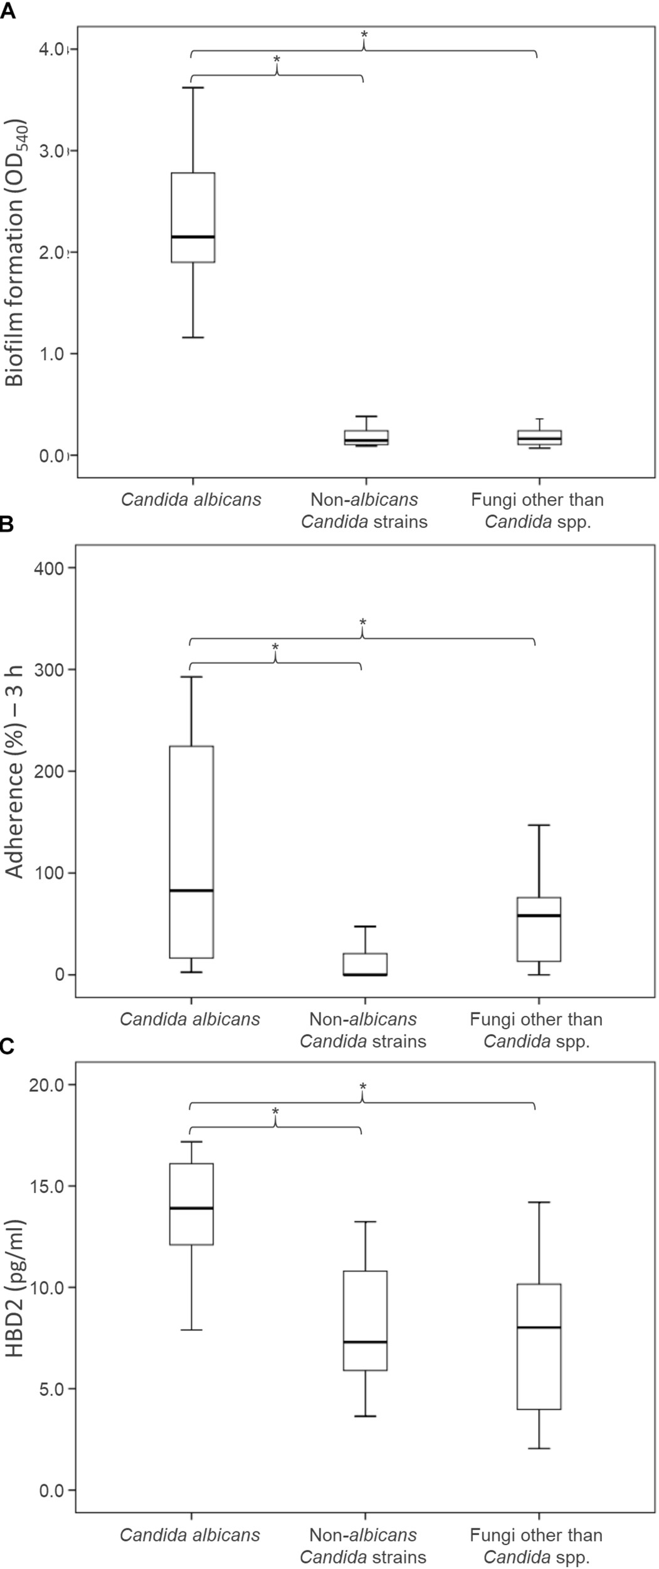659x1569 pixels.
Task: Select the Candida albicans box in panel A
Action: [x=194, y=217]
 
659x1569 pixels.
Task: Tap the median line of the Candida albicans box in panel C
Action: [x=192, y=1208]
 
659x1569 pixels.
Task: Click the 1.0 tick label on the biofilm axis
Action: [x=53, y=353]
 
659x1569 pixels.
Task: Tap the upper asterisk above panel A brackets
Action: [x=364, y=34]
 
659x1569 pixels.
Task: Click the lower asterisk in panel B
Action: [x=275, y=648]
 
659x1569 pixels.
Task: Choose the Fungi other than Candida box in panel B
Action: [x=539, y=929]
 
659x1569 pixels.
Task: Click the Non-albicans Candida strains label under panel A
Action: [x=364, y=510]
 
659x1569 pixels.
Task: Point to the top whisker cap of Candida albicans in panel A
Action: [x=194, y=88]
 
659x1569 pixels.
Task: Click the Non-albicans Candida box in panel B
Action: [x=365, y=964]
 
